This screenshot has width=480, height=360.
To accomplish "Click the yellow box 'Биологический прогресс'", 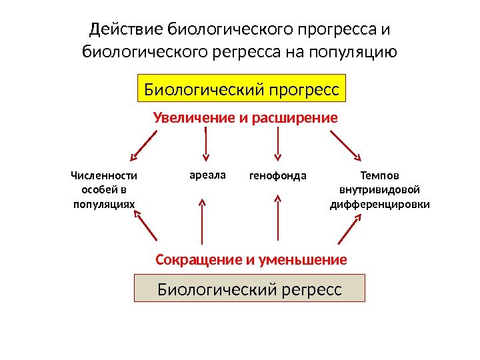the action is click(242, 88).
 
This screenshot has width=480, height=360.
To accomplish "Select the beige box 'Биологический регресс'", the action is click(250, 290).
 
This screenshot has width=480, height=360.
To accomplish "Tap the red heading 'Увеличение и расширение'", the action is click(246, 118).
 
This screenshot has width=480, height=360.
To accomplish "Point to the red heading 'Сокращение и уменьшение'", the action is click(251, 259).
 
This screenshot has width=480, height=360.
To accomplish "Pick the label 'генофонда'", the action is click(277, 177).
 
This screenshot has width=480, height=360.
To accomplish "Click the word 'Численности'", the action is click(103, 176).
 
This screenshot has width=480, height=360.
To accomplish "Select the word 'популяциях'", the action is click(103, 204).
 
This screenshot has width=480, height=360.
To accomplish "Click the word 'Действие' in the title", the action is click(126, 30).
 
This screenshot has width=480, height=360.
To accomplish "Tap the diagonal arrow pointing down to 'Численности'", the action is click(143, 146).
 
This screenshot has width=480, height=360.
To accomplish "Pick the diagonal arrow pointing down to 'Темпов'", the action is click(345, 146).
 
